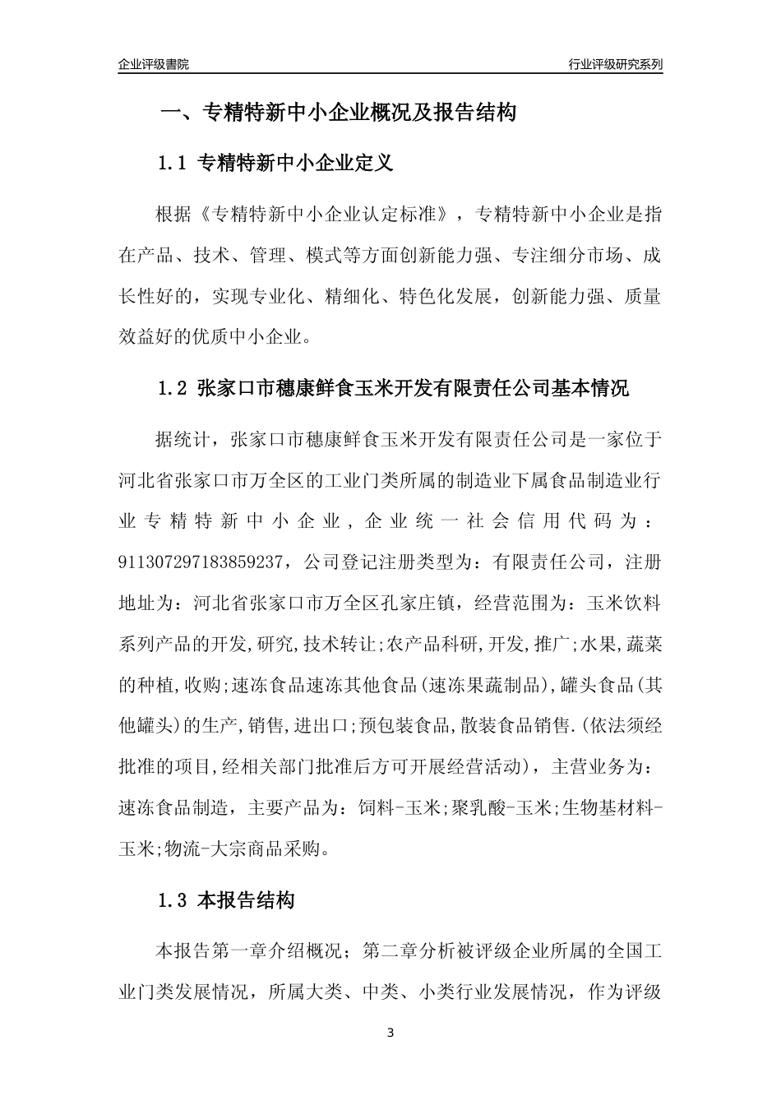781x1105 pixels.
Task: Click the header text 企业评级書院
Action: (x=154, y=64)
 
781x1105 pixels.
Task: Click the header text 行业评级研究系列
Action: (x=615, y=64)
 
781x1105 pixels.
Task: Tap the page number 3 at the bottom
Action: (x=390, y=1033)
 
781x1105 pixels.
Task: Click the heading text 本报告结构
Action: (x=247, y=901)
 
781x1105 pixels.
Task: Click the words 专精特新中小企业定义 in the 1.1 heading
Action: (x=296, y=163)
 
